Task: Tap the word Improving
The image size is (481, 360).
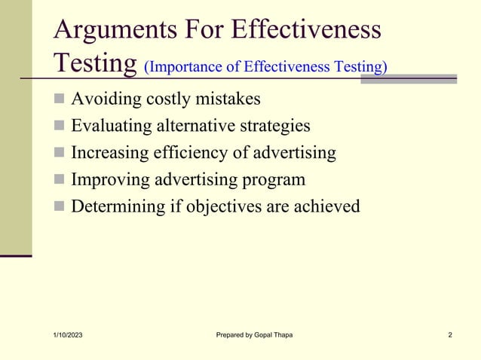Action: (x=109, y=179)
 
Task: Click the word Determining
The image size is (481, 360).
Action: (x=117, y=206)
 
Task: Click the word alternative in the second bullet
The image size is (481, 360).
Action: (x=194, y=127)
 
